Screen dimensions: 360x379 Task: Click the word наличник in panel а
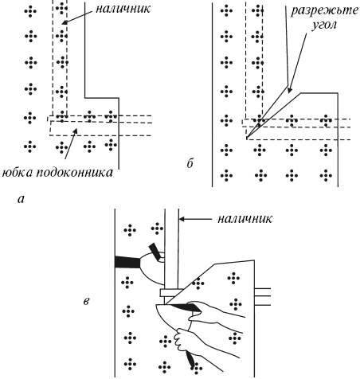123,9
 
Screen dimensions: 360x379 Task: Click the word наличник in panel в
245,219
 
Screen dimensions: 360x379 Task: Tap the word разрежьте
324,11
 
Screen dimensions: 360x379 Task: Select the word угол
324,25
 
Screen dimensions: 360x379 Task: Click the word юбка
18,173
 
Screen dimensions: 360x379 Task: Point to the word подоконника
75,173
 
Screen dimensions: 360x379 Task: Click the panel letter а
21,199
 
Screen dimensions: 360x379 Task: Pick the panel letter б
190,163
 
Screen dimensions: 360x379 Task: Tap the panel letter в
86,302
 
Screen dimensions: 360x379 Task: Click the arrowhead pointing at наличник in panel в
182,219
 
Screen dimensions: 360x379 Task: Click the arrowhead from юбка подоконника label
76,131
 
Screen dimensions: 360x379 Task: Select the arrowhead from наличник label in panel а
65,23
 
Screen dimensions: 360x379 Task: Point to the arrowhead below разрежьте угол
290,91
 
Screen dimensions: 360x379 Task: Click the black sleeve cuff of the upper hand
127,262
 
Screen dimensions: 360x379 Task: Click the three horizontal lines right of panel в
263,297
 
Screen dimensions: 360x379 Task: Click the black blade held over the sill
186,307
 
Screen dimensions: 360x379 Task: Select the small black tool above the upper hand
154,250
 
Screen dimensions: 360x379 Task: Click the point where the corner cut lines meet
247,138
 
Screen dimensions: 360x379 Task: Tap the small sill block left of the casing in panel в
162,293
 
